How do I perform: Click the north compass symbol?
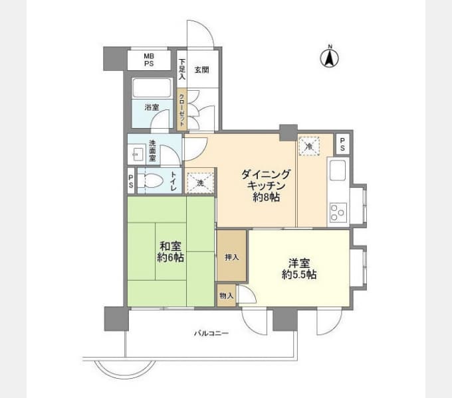click(x=330, y=57)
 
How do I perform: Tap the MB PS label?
click(x=149, y=60)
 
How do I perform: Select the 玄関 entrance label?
click(x=201, y=70)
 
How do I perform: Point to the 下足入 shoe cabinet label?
click(x=182, y=69)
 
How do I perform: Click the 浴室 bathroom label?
click(x=152, y=107)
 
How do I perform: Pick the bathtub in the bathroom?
click(x=152, y=88)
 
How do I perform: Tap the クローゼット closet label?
click(x=182, y=110)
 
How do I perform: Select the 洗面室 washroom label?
click(x=152, y=151)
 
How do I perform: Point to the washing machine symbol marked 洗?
click(x=200, y=182)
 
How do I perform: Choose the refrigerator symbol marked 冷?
click(x=309, y=146)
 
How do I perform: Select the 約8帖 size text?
click(x=266, y=197)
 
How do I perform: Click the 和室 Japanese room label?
click(x=170, y=247)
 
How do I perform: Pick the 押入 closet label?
click(x=232, y=257)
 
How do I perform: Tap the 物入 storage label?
click(x=226, y=296)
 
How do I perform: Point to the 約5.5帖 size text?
click(x=299, y=275)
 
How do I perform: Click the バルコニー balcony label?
click(x=211, y=334)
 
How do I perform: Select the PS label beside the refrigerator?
click(x=342, y=145)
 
